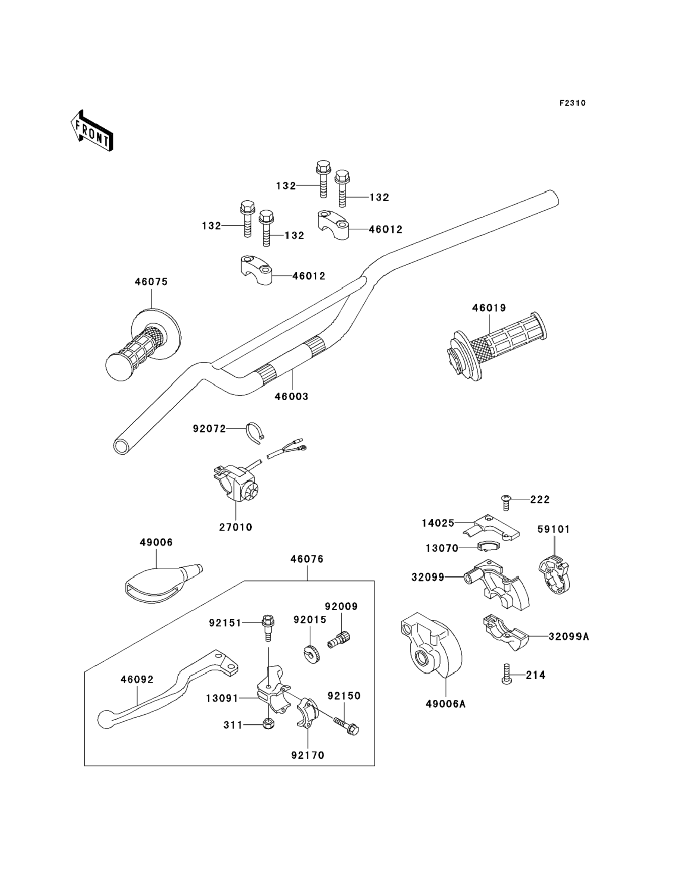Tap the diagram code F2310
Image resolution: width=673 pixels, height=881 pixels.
pyautogui.click(x=572, y=103)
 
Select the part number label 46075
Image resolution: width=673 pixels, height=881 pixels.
pyautogui.click(x=151, y=282)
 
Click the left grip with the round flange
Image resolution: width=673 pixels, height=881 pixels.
pyautogui.click(x=143, y=344)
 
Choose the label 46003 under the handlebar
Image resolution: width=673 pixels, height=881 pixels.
pyautogui.click(x=291, y=396)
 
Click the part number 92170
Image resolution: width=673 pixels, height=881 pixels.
pyautogui.click(x=308, y=755)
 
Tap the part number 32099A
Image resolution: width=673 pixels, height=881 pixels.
pyautogui.click(x=569, y=637)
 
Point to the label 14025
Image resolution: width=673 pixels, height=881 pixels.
pyautogui.click(x=438, y=523)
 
